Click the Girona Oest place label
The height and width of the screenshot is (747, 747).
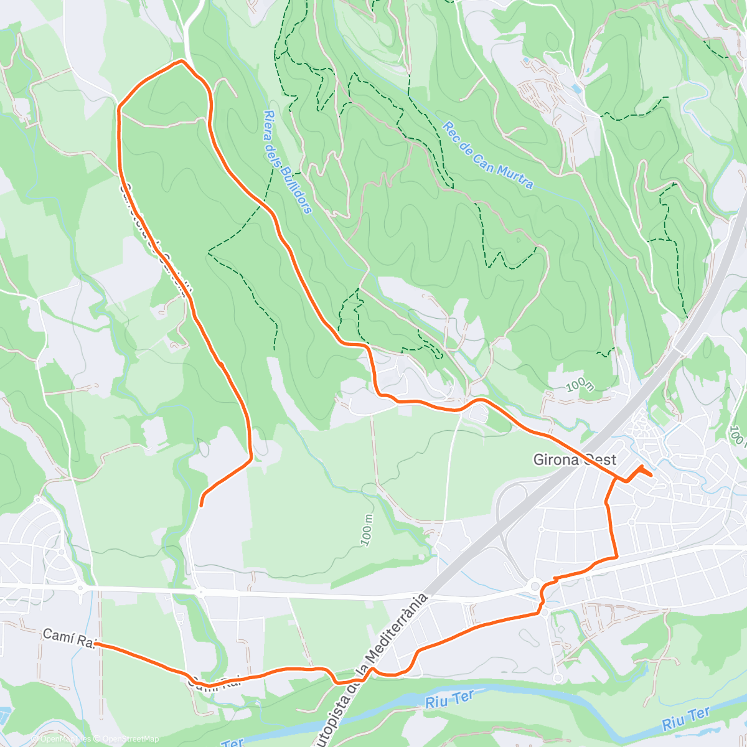(x=575, y=460)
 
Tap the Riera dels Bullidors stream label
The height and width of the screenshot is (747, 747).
(x=287, y=162)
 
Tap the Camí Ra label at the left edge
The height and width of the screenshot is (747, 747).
(x=67, y=637)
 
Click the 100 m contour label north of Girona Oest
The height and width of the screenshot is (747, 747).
(x=580, y=385)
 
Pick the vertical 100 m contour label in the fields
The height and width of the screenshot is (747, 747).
(x=367, y=530)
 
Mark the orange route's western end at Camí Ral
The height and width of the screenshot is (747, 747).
(x=96, y=645)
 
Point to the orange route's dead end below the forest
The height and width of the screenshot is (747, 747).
(x=201, y=505)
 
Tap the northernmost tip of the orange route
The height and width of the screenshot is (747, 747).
(x=181, y=60)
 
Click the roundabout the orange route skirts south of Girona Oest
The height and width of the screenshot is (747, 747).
(x=534, y=586)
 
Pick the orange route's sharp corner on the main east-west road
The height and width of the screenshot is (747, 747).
(x=616, y=557)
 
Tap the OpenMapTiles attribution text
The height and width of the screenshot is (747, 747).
(x=65, y=739)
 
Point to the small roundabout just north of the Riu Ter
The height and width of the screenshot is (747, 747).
(x=558, y=678)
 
